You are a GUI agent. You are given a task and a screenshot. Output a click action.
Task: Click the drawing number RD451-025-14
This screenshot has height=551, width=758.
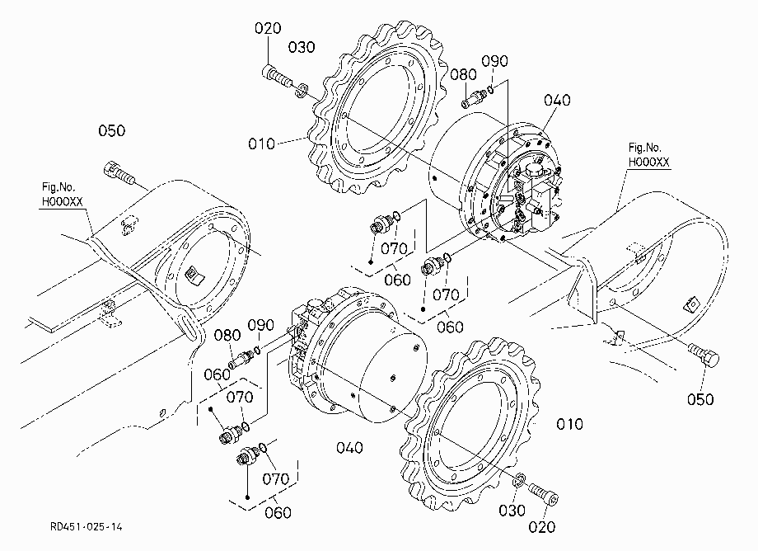[x=86, y=527]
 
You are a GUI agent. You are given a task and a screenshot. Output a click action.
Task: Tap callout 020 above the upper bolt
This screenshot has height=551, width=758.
[x=268, y=28]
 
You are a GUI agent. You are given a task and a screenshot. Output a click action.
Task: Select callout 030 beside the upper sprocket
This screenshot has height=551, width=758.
[x=302, y=47]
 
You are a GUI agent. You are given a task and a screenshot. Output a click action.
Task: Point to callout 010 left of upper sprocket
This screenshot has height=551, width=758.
[x=261, y=144]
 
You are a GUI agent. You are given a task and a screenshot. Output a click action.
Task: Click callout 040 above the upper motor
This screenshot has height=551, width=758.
[x=558, y=100]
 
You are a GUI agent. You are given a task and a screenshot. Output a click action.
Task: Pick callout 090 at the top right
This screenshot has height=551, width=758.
[x=494, y=61]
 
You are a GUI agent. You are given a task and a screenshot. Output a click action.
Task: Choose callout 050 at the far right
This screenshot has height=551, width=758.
[x=700, y=399]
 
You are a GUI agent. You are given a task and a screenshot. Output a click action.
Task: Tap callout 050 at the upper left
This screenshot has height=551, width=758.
[x=112, y=130]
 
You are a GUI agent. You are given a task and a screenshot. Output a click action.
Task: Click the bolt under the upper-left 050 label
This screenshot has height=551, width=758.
[x=119, y=173]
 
